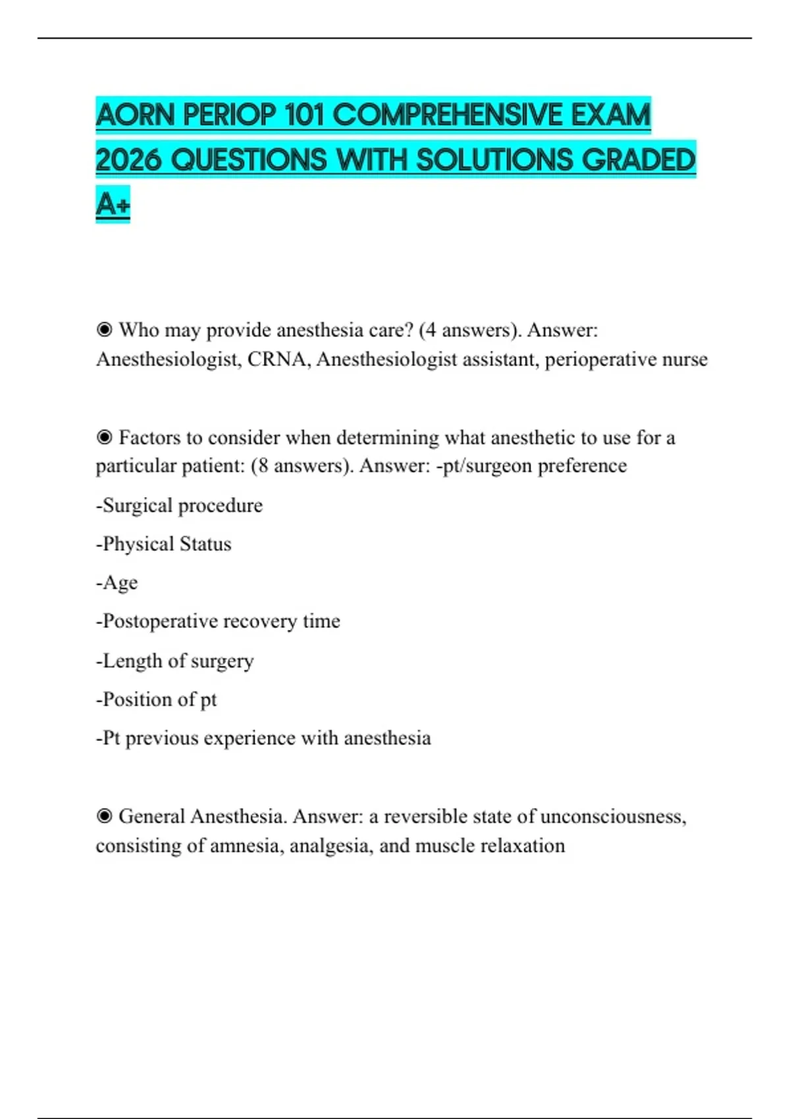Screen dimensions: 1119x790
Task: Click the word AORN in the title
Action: pyautogui.click(x=136, y=116)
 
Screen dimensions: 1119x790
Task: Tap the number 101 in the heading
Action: pyautogui.click(x=304, y=116)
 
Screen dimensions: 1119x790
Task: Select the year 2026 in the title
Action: pyautogui.click(x=128, y=160)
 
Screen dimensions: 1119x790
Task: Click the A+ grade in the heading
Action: pyautogui.click(x=113, y=204)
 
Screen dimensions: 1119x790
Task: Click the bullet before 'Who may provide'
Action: pyautogui.click(x=104, y=329)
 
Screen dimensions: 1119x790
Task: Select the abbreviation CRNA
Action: pyautogui.click(x=276, y=359)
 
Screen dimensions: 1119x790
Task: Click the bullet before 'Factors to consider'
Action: pyautogui.click(x=104, y=437)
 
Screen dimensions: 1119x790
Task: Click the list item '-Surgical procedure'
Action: pyautogui.click(x=179, y=506)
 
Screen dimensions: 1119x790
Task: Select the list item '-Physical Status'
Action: pyautogui.click(x=164, y=544)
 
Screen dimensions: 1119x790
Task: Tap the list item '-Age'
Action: pyautogui.click(x=117, y=583)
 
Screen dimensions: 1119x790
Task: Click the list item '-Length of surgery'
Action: pyautogui.click(x=174, y=660)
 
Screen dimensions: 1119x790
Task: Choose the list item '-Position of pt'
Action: pyautogui.click(x=156, y=699)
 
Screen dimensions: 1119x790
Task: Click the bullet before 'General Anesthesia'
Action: pyautogui.click(x=104, y=816)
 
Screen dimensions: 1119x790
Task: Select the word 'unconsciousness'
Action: pyautogui.click(x=612, y=816)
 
